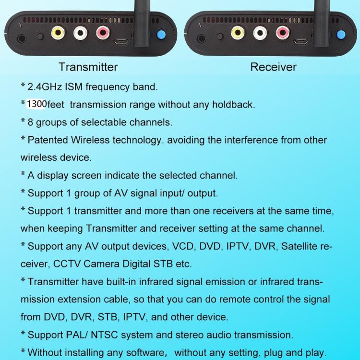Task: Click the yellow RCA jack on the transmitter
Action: tap(58, 34)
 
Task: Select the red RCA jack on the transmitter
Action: tap(103, 34)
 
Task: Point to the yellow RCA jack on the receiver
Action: tap(237, 34)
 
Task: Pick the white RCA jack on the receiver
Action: tap(260, 34)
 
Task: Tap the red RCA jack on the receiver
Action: tap(281, 34)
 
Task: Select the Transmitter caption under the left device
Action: tap(88, 67)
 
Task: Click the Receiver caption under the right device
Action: tap(273, 67)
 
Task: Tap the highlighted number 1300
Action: tap(36, 104)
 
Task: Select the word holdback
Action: tap(234, 104)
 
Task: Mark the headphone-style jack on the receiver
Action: tap(201, 38)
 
